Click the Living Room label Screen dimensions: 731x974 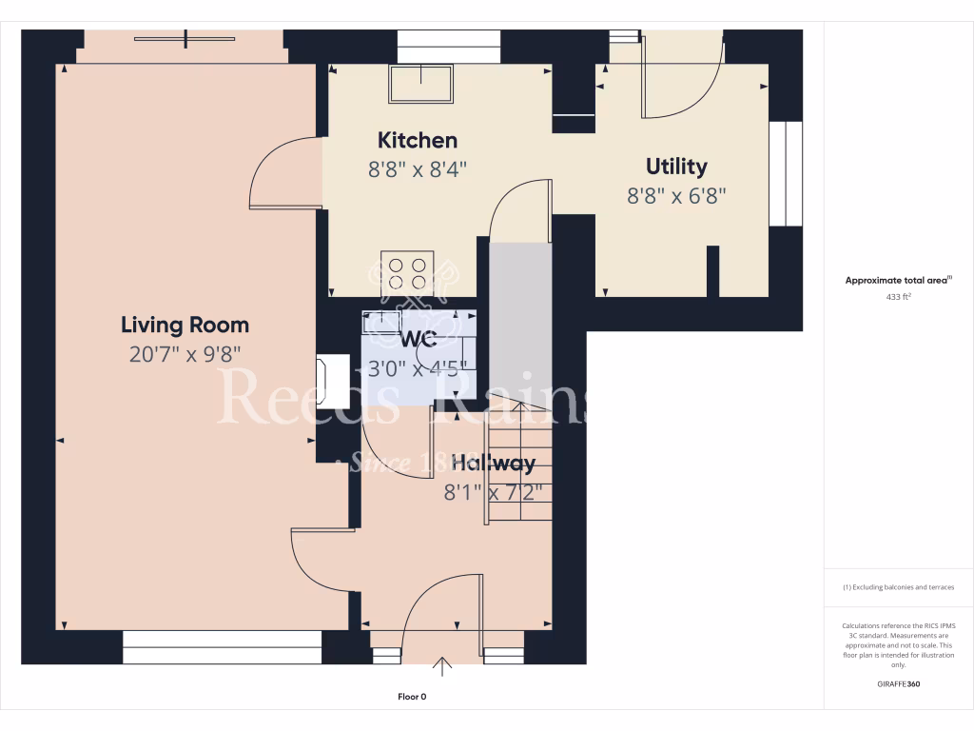click(x=185, y=325)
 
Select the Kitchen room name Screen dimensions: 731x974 click(x=418, y=141)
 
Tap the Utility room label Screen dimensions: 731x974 click(x=676, y=167)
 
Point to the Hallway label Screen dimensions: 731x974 click(x=493, y=464)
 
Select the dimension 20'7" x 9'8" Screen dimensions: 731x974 click(x=185, y=354)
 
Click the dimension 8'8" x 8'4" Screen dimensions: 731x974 click(x=418, y=169)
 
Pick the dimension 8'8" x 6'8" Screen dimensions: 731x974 click(x=676, y=196)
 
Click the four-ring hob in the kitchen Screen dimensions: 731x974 click(x=406, y=273)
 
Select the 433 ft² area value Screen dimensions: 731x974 click(x=898, y=297)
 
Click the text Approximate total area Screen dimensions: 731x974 click(x=897, y=280)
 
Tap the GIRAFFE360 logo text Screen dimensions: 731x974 click(x=898, y=683)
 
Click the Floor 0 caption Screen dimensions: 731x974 click(x=412, y=697)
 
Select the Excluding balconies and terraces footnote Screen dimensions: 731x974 click(x=898, y=587)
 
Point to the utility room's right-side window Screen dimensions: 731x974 click(x=786, y=173)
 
